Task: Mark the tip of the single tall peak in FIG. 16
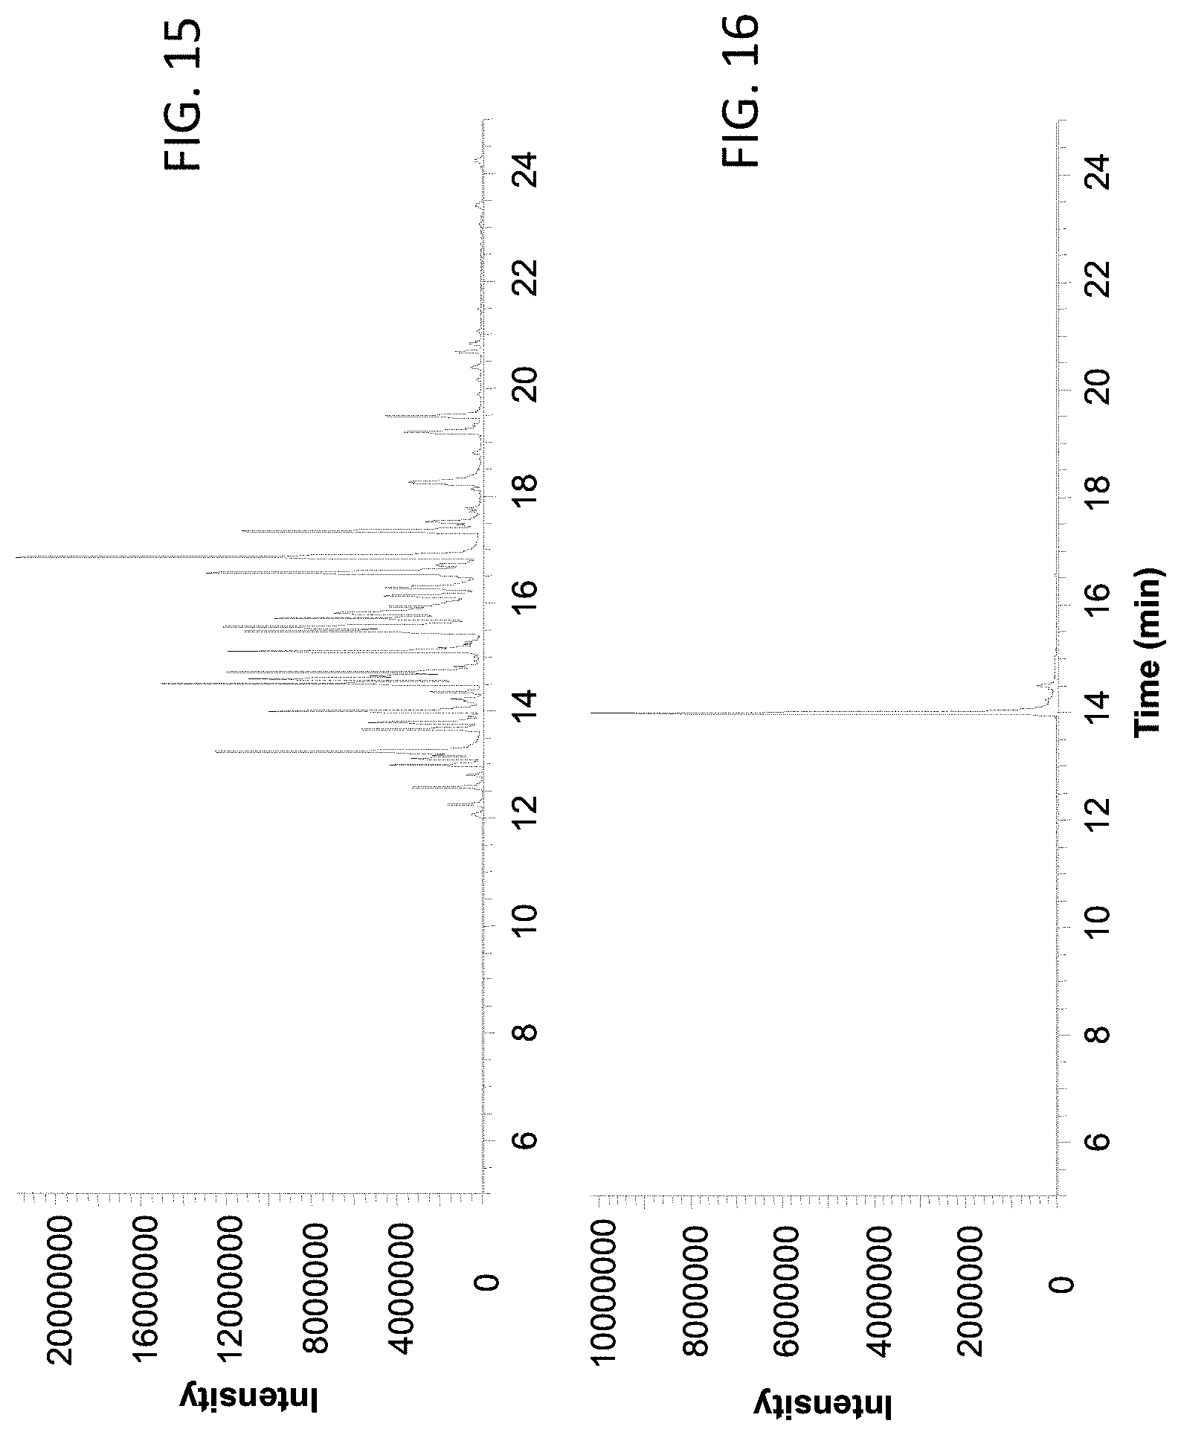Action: point(591,713)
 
